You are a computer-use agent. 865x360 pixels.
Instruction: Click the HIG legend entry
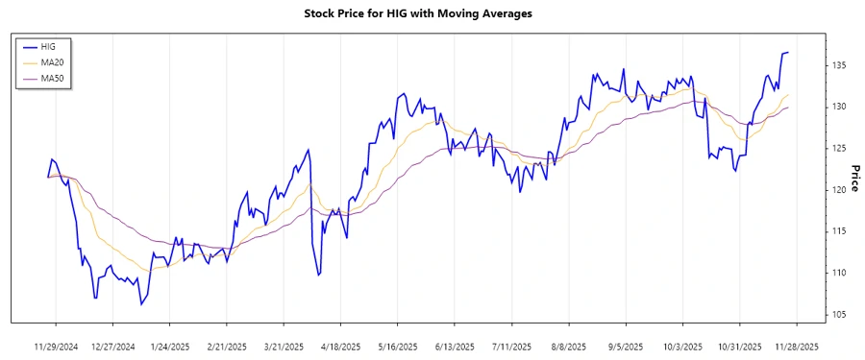[x=62, y=46]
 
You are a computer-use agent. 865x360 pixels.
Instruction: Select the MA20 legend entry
[x=65, y=62]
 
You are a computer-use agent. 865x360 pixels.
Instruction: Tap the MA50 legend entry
[x=65, y=79]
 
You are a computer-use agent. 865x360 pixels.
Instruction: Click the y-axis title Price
[x=853, y=176]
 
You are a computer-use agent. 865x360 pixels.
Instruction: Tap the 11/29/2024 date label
[x=55, y=347]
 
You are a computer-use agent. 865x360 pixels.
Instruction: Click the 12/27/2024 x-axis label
[x=111, y=347]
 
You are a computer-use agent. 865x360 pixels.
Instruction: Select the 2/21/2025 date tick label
[x=226, y=347]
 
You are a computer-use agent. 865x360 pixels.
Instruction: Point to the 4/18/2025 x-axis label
[x=340, y=347]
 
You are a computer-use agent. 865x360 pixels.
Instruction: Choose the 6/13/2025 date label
[x=455, y=347]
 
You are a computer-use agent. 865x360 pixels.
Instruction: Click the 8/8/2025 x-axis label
[x=569, y=347]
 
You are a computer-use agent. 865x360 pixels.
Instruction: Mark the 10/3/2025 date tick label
[x=682, y=347]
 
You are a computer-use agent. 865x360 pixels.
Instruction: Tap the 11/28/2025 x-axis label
[x=797, y=347]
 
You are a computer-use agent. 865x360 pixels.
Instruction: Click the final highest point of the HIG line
[x=787, y=53]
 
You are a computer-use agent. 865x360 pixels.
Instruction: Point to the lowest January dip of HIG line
[x=140, y=304]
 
